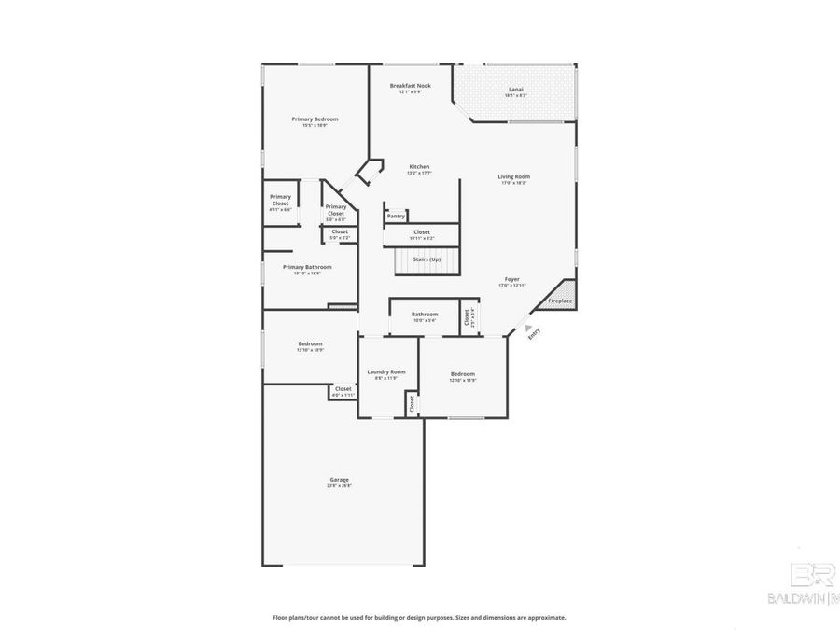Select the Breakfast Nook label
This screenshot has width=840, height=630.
[411, 85]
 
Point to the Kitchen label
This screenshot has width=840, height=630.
[419, 166]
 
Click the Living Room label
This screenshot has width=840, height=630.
[513, 176]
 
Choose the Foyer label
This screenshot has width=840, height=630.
[512, 279]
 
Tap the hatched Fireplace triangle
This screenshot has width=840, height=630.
[563, 296]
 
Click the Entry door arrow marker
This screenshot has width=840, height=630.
[527, 328]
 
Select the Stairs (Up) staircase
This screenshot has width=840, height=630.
[427, 260]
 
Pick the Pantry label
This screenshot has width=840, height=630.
[396, 216]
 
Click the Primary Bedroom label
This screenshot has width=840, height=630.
[314, 119]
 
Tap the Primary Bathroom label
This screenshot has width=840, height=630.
[307, 267]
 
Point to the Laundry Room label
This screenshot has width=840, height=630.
[385, 371]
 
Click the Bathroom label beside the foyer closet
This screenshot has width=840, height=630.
[425, 315]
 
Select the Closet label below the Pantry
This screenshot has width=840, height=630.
[422, 231]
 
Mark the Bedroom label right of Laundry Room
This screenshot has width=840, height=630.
[462, 373]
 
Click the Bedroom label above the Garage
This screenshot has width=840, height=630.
[310, 343]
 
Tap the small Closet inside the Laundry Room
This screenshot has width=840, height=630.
[411, 403]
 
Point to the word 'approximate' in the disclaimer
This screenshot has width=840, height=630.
[545, 617]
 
